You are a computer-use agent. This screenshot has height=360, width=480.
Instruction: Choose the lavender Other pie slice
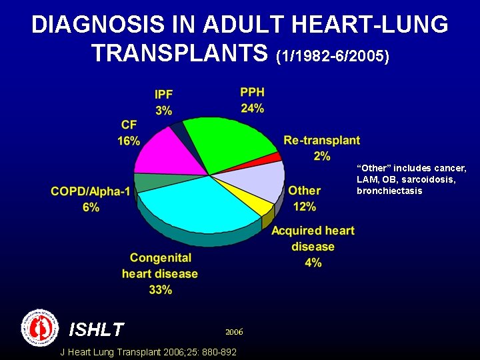click(x=260, y=180)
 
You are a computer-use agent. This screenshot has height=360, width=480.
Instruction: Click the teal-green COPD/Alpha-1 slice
click(x=147, y=181)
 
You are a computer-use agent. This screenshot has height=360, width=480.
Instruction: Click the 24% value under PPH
click(x=252, y=108)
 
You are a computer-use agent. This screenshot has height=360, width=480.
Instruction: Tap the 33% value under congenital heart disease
click(x=160, y=289)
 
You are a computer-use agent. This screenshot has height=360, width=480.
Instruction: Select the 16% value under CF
click(x=129, y=141)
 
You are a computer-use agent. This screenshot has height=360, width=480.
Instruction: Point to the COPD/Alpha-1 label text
click(x=91, y=192)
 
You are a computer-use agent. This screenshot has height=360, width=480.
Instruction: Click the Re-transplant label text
click(x=321, y=140)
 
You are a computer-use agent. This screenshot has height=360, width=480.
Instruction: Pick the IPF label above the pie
click(x=164, y=95)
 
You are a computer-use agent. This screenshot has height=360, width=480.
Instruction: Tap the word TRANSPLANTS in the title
click(x=181, y=53)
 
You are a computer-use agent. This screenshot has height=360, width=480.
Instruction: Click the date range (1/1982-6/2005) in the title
click(x=332, y=56)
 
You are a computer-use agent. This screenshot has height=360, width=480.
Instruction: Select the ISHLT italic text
click(x=97, y=329)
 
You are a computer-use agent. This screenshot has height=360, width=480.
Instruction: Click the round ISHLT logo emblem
click(x=41, y=327)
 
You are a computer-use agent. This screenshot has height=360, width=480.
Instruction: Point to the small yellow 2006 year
click(x=234, y=331)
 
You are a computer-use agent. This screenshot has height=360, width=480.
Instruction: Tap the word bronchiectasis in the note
click(x=389, y=191)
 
